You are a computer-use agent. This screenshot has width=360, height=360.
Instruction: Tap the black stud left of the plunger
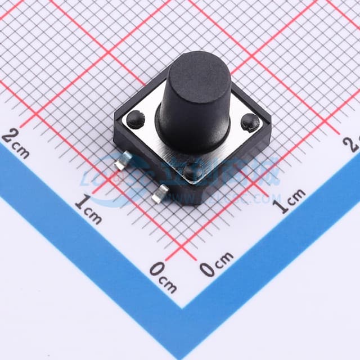pyautogui.click(x=134, y=118)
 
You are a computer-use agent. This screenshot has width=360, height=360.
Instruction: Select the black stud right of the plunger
pyautogui.click(x=250, y=121)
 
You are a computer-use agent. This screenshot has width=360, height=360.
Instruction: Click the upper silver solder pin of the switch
pyautogui.click(x=120, y=164)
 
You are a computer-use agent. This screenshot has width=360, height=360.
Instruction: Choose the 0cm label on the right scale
pyautogui.click(x=217, y=264)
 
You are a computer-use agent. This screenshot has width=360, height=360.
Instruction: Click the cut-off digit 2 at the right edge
pyautogui.click(x=354, y=144)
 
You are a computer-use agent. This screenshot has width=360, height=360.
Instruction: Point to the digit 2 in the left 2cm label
pyautogui.click(x=10, y=137)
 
